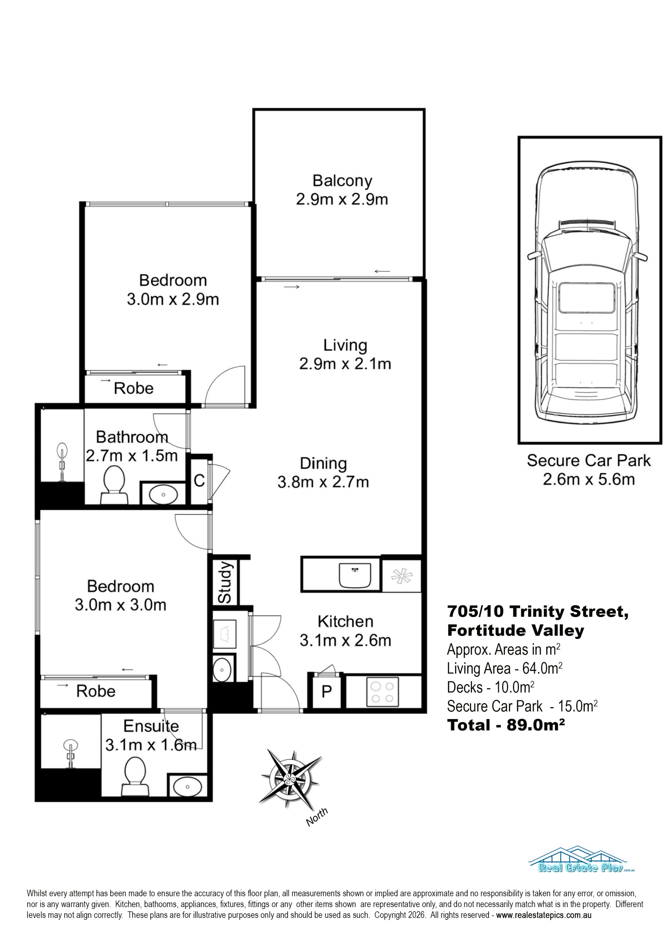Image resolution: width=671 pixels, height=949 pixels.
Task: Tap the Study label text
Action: tap(225, 582)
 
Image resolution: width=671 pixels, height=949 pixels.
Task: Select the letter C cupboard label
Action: tap(199, 481)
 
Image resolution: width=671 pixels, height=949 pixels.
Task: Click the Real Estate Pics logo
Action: tap(581, 859)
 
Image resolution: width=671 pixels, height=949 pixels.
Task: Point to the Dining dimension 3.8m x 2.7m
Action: tap(323, 482)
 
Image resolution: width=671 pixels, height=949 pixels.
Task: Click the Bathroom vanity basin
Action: tap(163, 494)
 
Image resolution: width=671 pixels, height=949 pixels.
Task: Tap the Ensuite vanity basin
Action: tap(187, 786)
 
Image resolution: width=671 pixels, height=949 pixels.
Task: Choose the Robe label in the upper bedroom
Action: tap(134, 388)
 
